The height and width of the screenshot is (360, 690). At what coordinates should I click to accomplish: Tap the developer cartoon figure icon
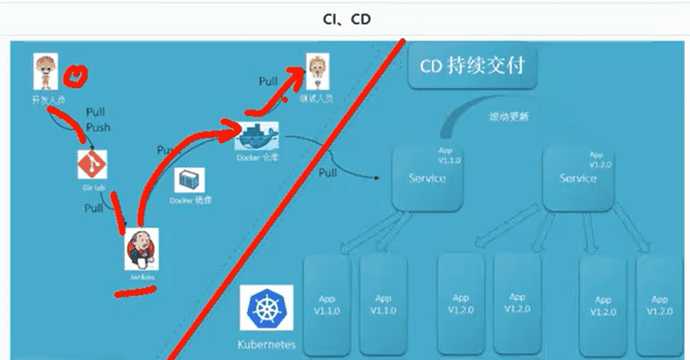pyautogui.click(x=45, y=72)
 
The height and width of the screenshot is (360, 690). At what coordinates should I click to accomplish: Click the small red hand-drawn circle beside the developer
pyautogui.click(x=79, y=76)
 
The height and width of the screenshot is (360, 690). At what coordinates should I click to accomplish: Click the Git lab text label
pyautogui.click(x=86, y=188)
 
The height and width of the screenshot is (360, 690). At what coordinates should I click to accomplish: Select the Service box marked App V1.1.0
pyautogui.click(x=427, y=177)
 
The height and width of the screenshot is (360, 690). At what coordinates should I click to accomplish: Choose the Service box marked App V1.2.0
pyautogui.click(x=578, y=177)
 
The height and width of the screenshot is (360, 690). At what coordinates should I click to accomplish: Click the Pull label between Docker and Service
pyautogui.click(x=328, y=172)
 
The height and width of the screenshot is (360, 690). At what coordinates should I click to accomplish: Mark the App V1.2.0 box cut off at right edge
pyautogui.click(x=661, y=301)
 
